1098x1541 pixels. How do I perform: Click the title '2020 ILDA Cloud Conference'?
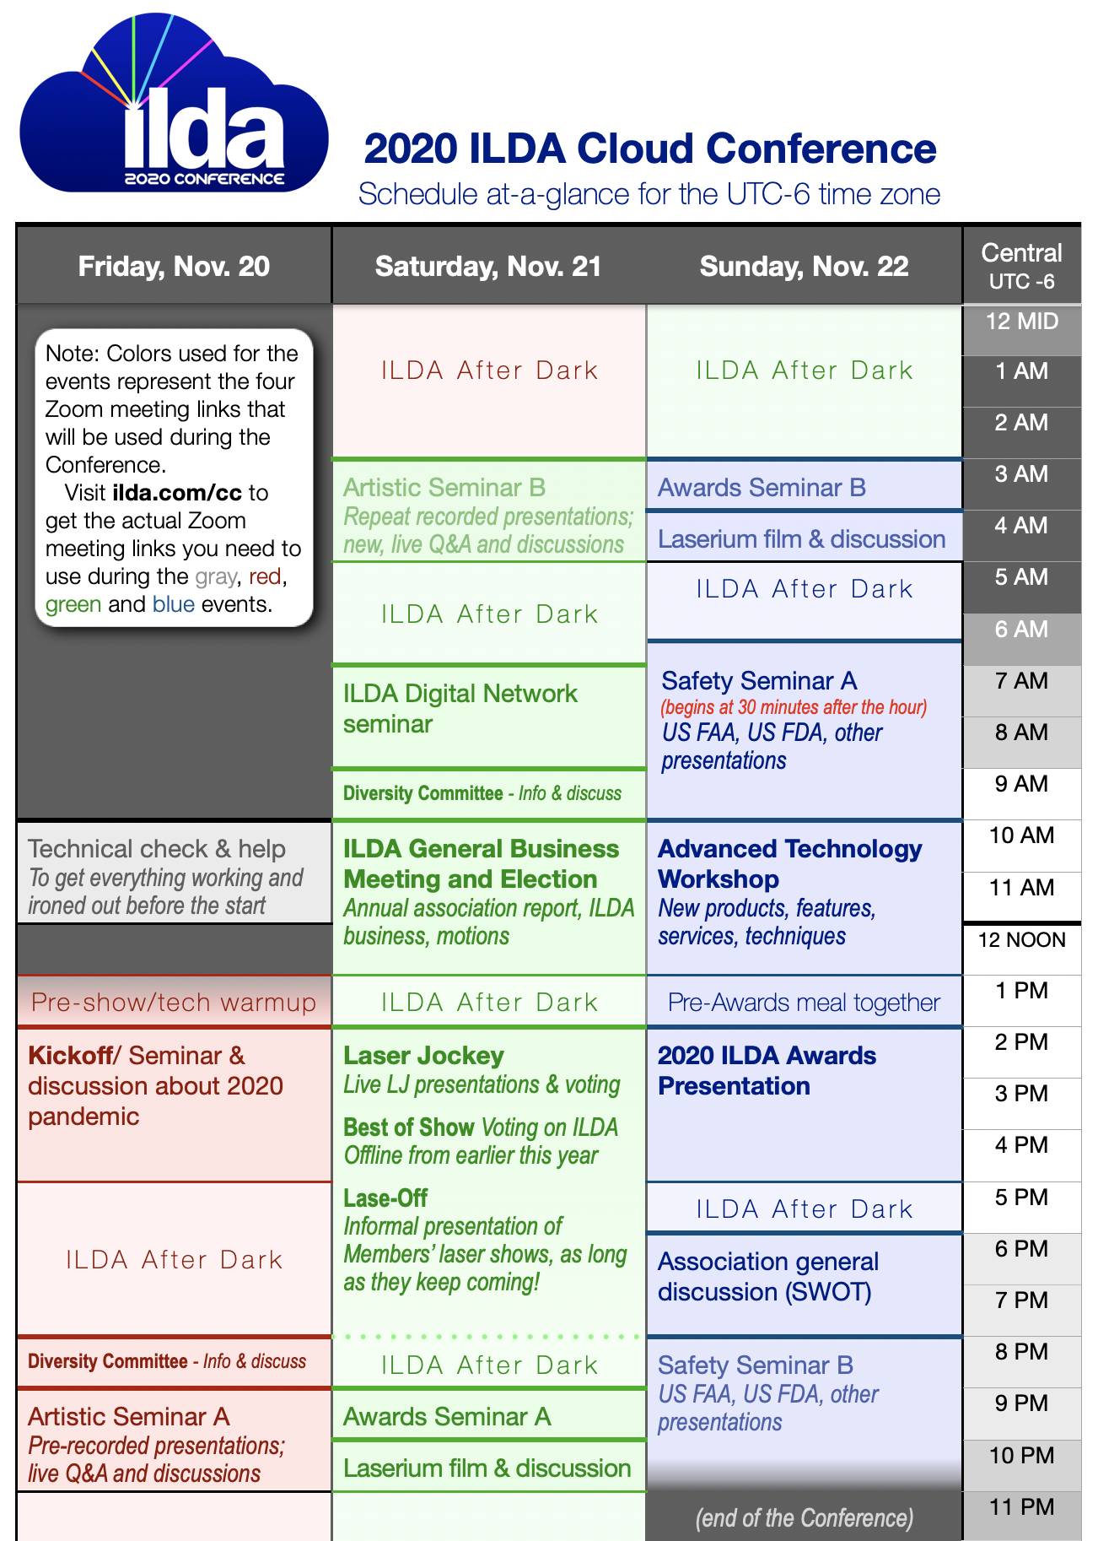650,149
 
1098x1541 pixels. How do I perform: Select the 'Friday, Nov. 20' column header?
174,267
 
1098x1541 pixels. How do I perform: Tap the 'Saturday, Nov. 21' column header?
488,267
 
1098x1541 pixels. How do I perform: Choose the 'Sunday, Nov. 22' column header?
805,267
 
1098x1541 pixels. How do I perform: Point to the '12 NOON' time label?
1022,940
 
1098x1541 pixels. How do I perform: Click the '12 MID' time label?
1022,322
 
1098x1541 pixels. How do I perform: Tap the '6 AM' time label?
1022,630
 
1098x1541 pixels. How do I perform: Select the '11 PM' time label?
1022,1507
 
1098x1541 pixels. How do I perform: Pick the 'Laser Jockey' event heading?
423,1056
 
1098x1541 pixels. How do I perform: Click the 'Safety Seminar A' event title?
759,680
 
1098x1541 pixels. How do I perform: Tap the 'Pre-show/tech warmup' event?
174,1003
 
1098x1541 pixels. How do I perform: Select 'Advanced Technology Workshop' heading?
790,864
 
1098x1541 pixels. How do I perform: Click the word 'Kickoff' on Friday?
70,1056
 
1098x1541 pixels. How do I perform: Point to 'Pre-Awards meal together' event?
804,1003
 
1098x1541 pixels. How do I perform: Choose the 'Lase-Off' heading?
385,1198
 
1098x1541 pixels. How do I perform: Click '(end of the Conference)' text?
805,1518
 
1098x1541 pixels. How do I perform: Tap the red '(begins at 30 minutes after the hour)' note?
794,707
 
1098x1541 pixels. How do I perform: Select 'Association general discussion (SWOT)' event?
768,1277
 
